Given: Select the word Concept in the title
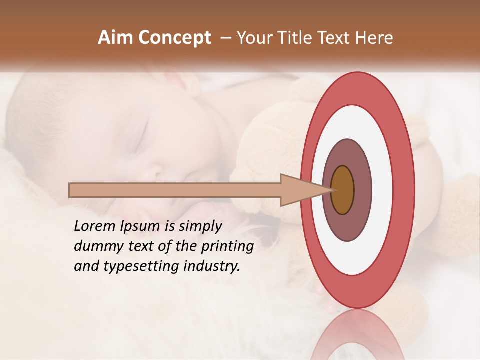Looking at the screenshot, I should coord(174,38).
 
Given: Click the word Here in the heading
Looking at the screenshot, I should coord(374,38).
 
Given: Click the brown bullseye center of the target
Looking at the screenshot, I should coord(342,190).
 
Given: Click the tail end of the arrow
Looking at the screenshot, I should coord(70,190).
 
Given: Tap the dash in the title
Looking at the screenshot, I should coord(225,38).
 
